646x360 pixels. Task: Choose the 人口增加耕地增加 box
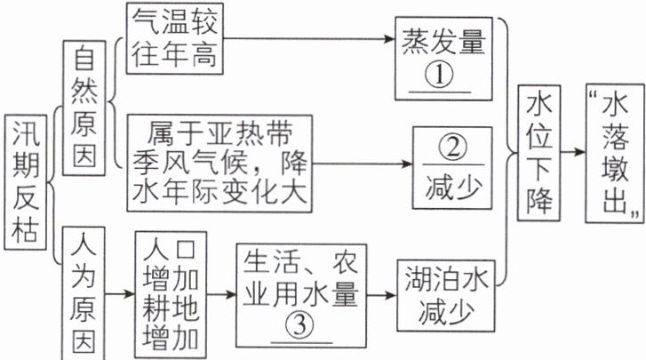pos(171,293)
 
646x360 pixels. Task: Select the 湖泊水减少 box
pos(443,294)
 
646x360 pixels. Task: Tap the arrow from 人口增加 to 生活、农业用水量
pos(222,292)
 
